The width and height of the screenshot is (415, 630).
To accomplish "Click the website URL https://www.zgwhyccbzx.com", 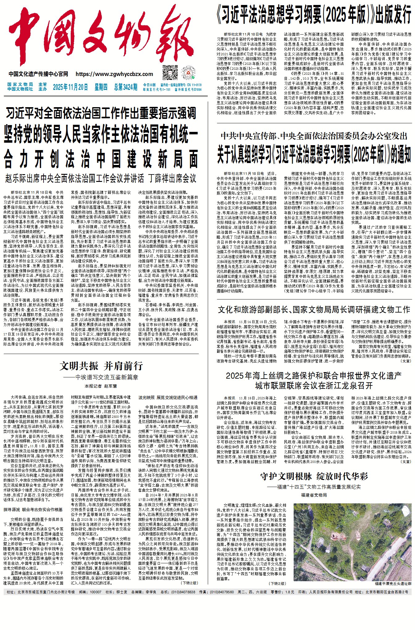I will coord(114,74).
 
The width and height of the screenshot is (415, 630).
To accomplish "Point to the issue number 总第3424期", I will coord(125,87).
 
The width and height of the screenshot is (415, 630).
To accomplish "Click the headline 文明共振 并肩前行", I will coord(101,366).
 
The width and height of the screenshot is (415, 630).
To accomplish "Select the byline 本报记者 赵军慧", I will coord(101,386).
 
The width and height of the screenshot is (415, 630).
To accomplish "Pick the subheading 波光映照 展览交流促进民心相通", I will coord(168,397).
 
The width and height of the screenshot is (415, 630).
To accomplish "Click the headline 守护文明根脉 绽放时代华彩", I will coord(314,477).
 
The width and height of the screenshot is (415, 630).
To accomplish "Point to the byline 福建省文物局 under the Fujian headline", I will coord(314,495).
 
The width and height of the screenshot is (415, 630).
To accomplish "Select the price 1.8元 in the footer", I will coord(290,592).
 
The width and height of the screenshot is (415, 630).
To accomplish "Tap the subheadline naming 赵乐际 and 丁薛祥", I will coord(101,178).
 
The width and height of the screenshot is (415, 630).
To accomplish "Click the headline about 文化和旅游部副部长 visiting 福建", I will coord(314,309).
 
